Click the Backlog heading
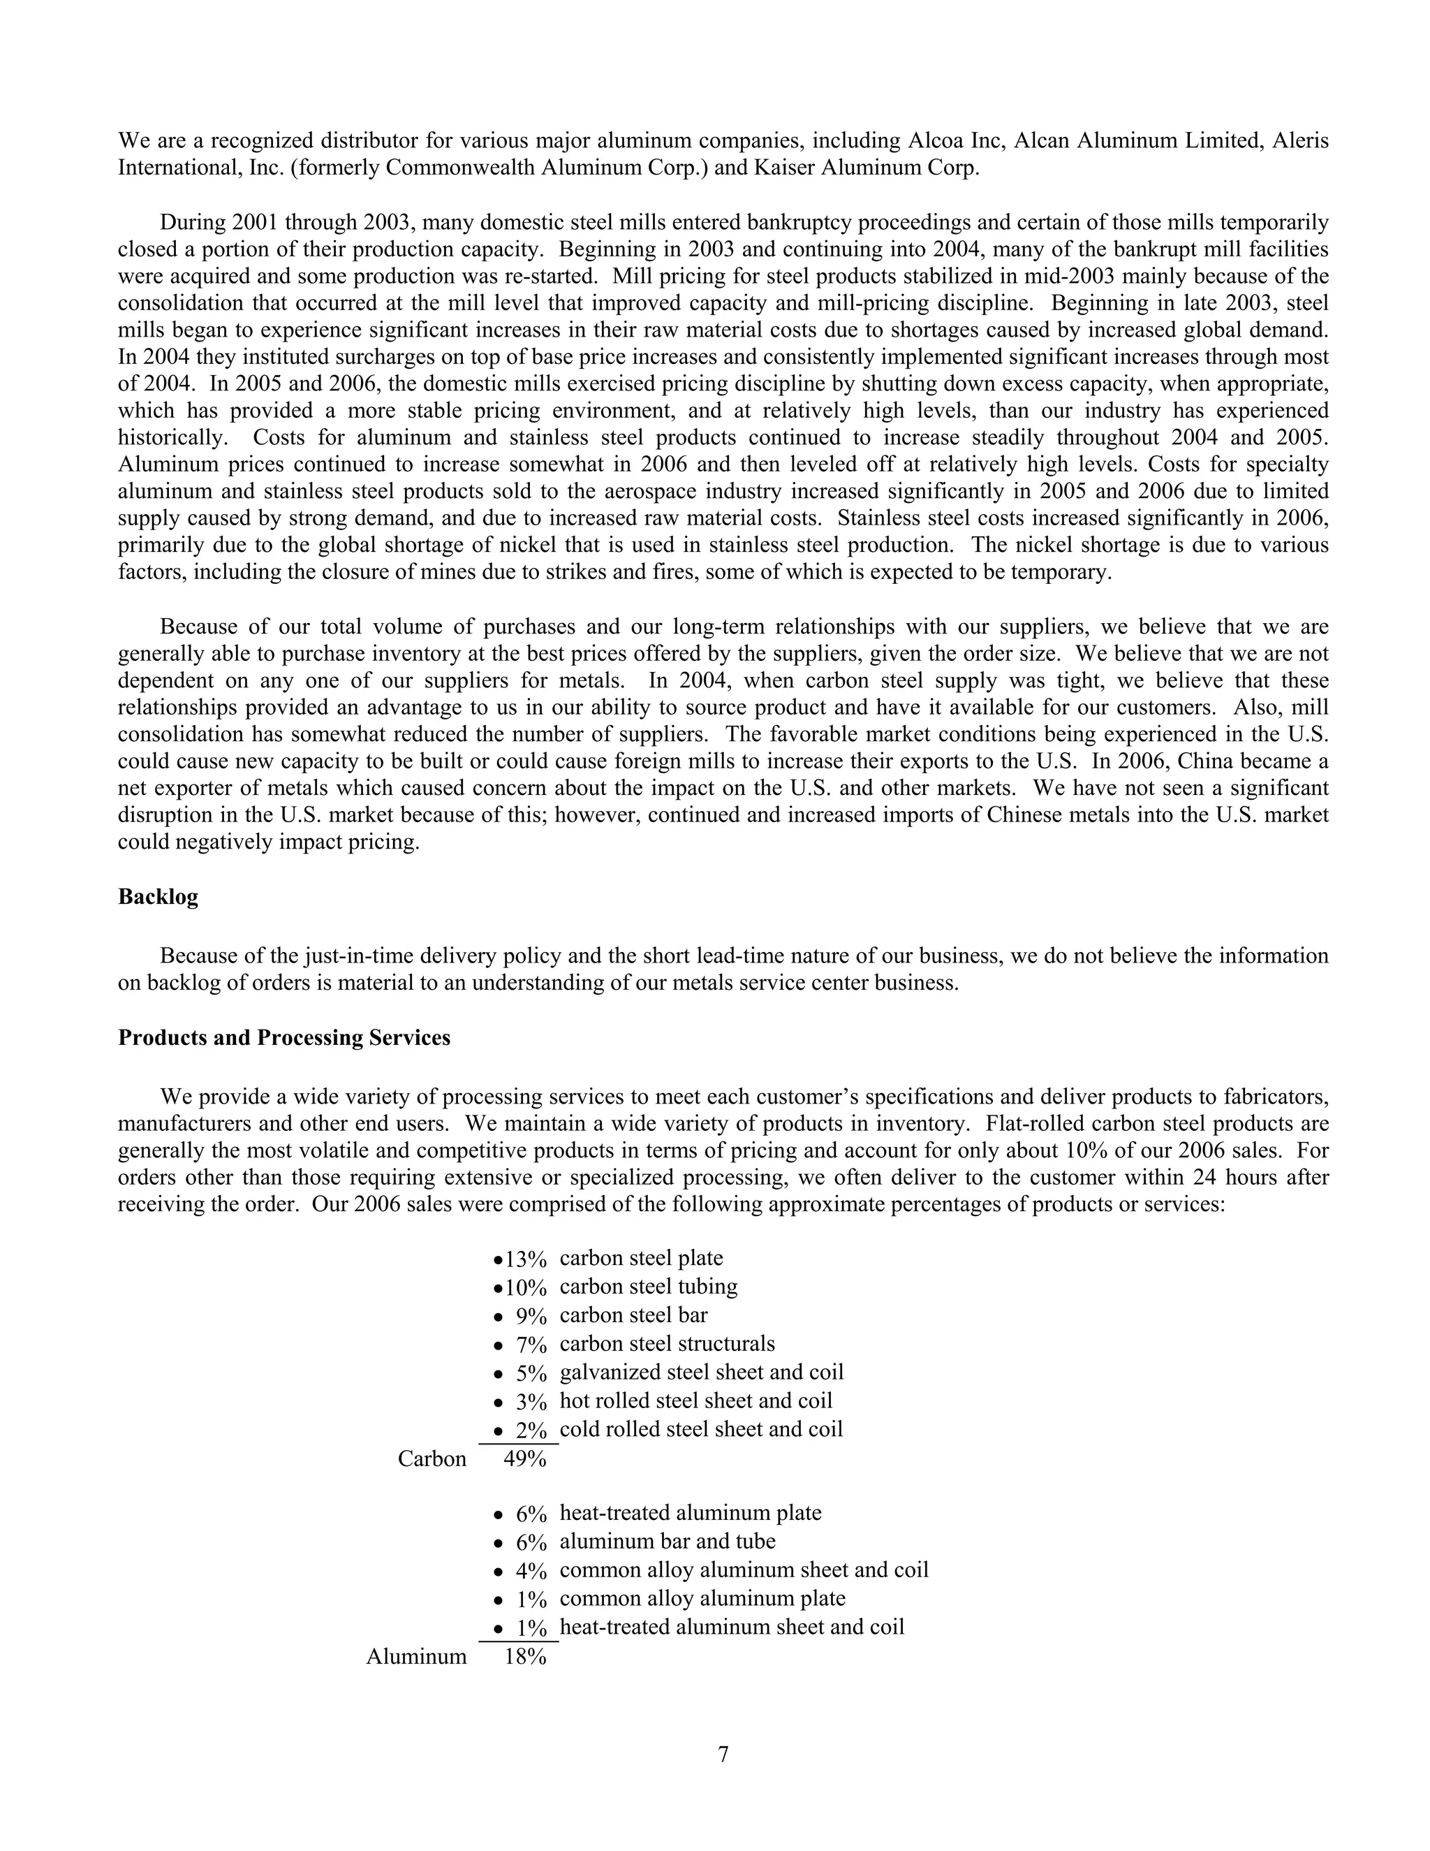point(158,898)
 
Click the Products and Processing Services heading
point(283,1038)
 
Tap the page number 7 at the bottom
point(723,1755)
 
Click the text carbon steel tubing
point(648,1287)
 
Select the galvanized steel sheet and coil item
point(702,1372)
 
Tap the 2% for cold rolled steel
point(531,1431)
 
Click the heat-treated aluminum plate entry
point(691,1513)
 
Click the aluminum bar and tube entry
point(668,1542)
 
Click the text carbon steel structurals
point(667,1344)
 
